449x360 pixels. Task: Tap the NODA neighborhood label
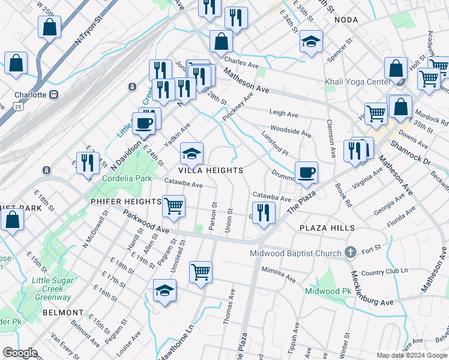point(346,20)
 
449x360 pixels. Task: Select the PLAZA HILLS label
point(327,228)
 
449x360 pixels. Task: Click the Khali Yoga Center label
point(357,82)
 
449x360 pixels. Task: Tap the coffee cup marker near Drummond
point(306,172)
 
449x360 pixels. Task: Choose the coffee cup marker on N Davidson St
point(143,124)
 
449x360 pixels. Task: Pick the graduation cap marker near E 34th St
point(310,41)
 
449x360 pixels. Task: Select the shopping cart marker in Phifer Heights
point(173,206)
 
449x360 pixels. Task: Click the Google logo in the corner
point(20,353)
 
